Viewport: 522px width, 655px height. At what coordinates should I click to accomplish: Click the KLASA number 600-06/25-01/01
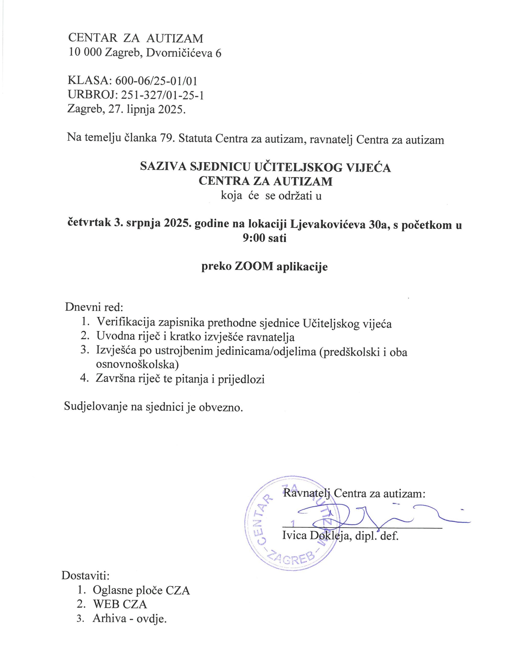pyautogui.click(x=156, y=81)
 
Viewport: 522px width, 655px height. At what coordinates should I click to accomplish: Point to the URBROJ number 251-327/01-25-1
pyautogui.click(x=162, y=95)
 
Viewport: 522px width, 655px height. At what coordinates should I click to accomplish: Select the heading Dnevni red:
pyautogui.click(x=94, y=307)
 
